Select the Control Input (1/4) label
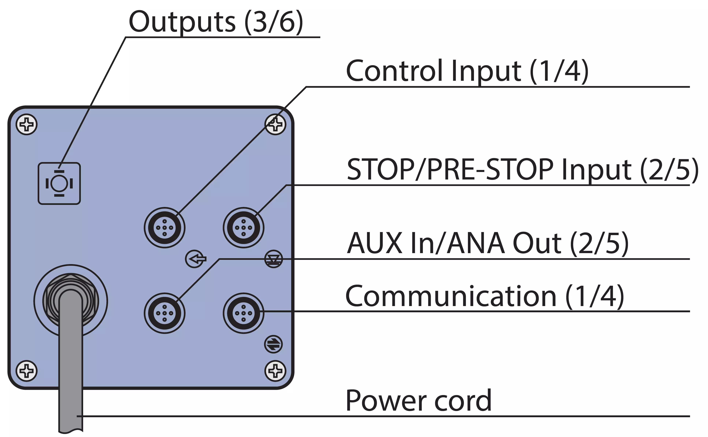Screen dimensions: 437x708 pyautogui.click(x=467, y=71)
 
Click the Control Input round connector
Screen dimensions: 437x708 pyautogui.click(x=164, y=228)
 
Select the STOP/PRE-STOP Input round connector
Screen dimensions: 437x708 pyautogui.click(x=243, y=228)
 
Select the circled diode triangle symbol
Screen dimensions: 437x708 pyautogui.click(x=273, y=259)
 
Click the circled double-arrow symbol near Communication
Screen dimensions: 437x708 pyautogui.click(x=273, y=344)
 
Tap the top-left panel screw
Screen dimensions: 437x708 pyautogui.click(x=27, y=125)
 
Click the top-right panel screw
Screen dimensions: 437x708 pyautogui.click(x=275, y=125)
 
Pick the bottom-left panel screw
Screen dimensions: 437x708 pyautogui.click(x=27, y=371)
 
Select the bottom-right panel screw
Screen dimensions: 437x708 pyautogui.click(x=275, y=371)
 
